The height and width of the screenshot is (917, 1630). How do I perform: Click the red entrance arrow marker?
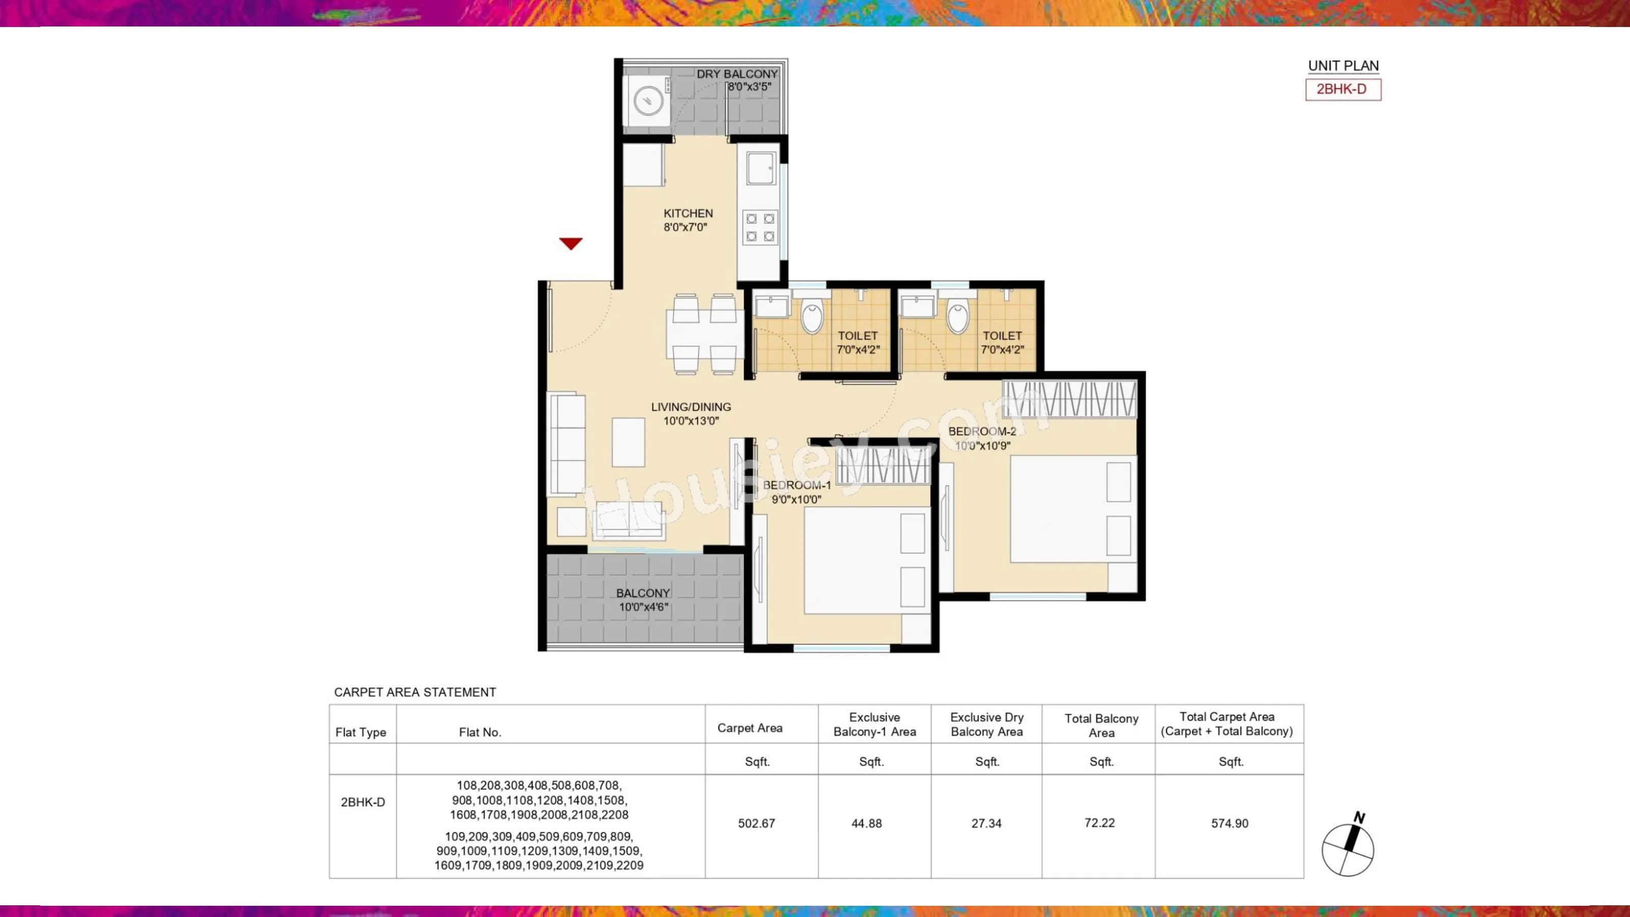click(570, 243)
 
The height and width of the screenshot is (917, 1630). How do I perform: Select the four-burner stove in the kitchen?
click(760, 228)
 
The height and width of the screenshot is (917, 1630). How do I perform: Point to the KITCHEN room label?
click(688, 213)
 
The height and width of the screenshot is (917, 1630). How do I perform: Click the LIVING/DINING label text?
click(691, 407)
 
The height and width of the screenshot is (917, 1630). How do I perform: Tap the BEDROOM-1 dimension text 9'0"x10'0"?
click(796, 499)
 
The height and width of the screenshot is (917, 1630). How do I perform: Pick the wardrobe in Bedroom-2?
click(1069, 399)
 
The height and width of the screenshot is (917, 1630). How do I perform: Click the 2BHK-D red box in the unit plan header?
click(1343, 89)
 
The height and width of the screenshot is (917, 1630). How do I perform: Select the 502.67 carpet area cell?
click(756, 823)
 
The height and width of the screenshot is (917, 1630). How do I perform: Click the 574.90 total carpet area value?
click(1230, 823)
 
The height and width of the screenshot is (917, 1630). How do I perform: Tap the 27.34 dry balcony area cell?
click(986, 823)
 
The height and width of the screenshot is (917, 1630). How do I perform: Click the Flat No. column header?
click(480, 732)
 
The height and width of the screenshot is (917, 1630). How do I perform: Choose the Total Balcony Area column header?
click(1101, 725)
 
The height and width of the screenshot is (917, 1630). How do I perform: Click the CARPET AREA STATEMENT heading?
click(415, 692)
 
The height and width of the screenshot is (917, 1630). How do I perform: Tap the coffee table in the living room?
click(629, 442)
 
